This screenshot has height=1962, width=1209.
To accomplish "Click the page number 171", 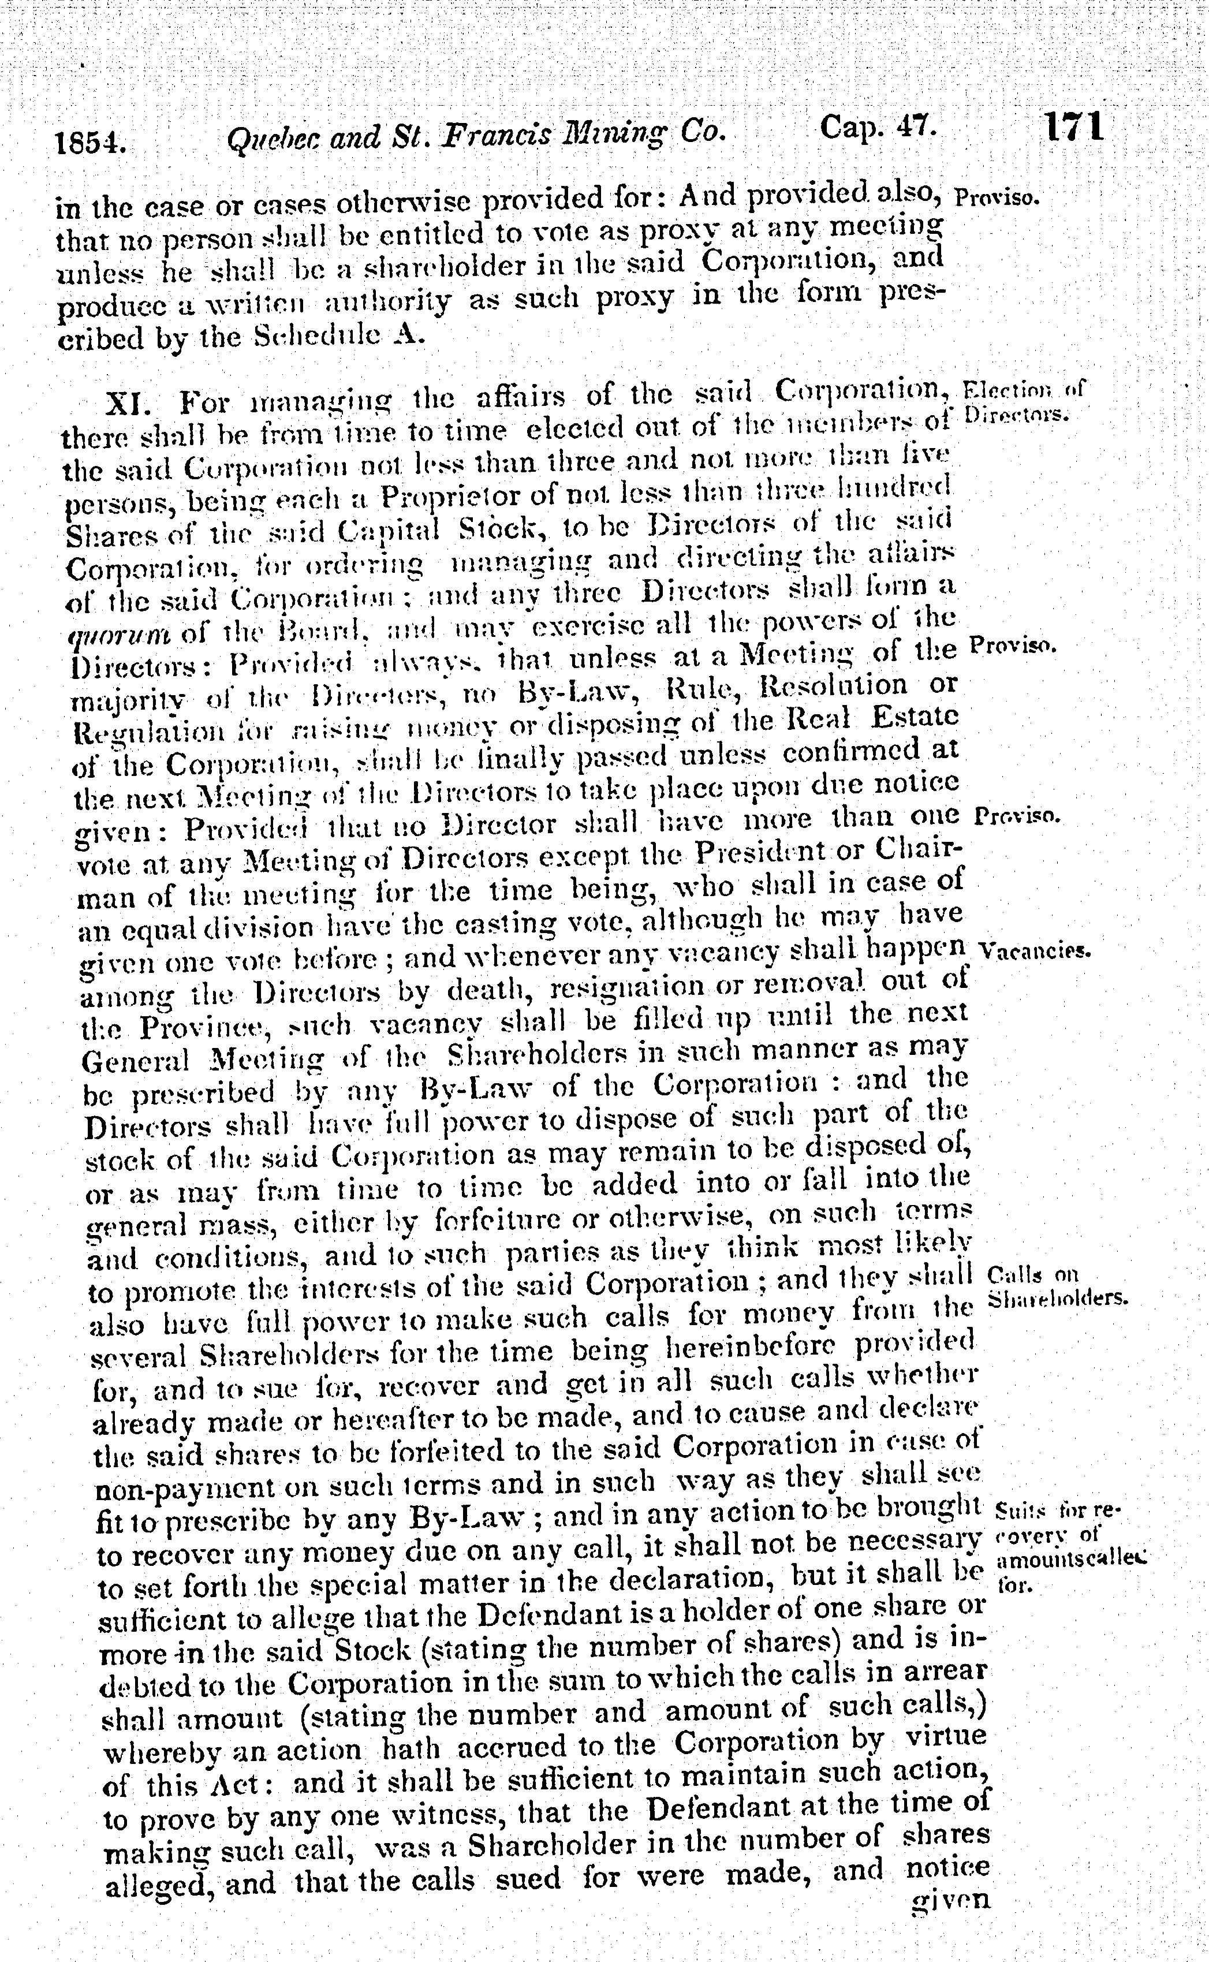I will [x=1074, y=126].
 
